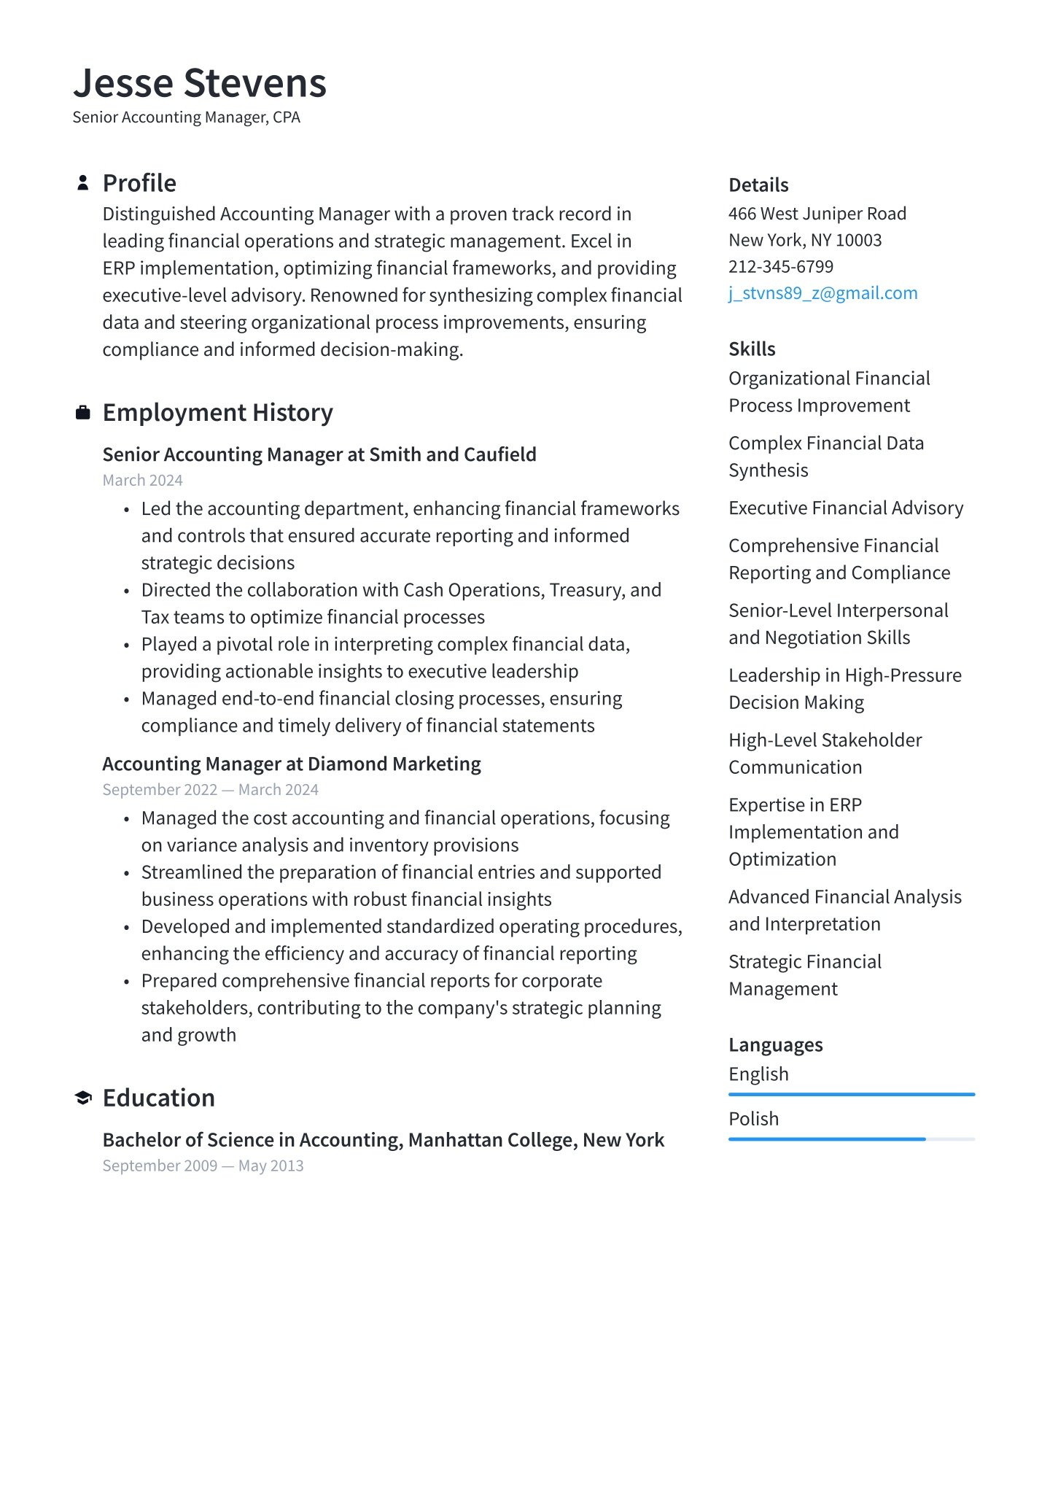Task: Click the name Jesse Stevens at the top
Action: tap(200, 83)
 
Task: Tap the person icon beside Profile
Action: tap(83, 183)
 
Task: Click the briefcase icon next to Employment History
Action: tap(83, 413)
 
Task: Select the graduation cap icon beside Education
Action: tap(83, 1098)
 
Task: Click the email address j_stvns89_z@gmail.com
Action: tap(822, 293)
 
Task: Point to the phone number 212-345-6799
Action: tap(780, 267)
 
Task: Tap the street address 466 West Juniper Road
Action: tap(817, 214)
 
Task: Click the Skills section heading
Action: tap(752, 349)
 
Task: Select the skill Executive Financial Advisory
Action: tap(846, 508)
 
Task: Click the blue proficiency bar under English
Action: tap(851, 1094)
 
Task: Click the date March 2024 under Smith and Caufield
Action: tap(142, 481)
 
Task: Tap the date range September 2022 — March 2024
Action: tap(210, 790)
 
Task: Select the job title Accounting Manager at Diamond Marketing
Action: tap(292, 764)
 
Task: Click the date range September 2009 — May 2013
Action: tap(203, 1166)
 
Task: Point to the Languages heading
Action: tap(775, 1045)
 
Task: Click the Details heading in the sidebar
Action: tap(758, 185)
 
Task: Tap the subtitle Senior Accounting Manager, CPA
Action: tap(186, 117)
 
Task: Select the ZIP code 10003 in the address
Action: tap(858, 241)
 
